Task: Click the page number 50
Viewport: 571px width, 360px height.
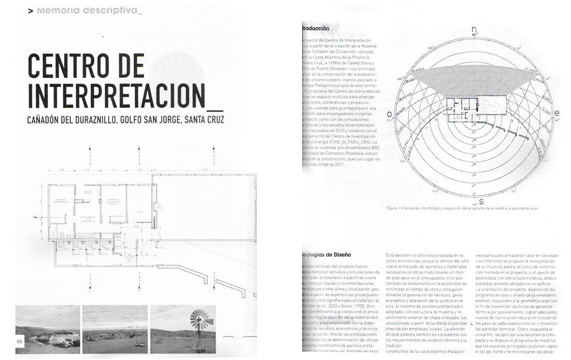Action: point(20,341)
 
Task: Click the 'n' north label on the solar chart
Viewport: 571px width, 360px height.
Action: point(474,30)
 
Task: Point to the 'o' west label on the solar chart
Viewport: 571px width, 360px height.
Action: point(390,114)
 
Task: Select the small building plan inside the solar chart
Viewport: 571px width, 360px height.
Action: point(474,111)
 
